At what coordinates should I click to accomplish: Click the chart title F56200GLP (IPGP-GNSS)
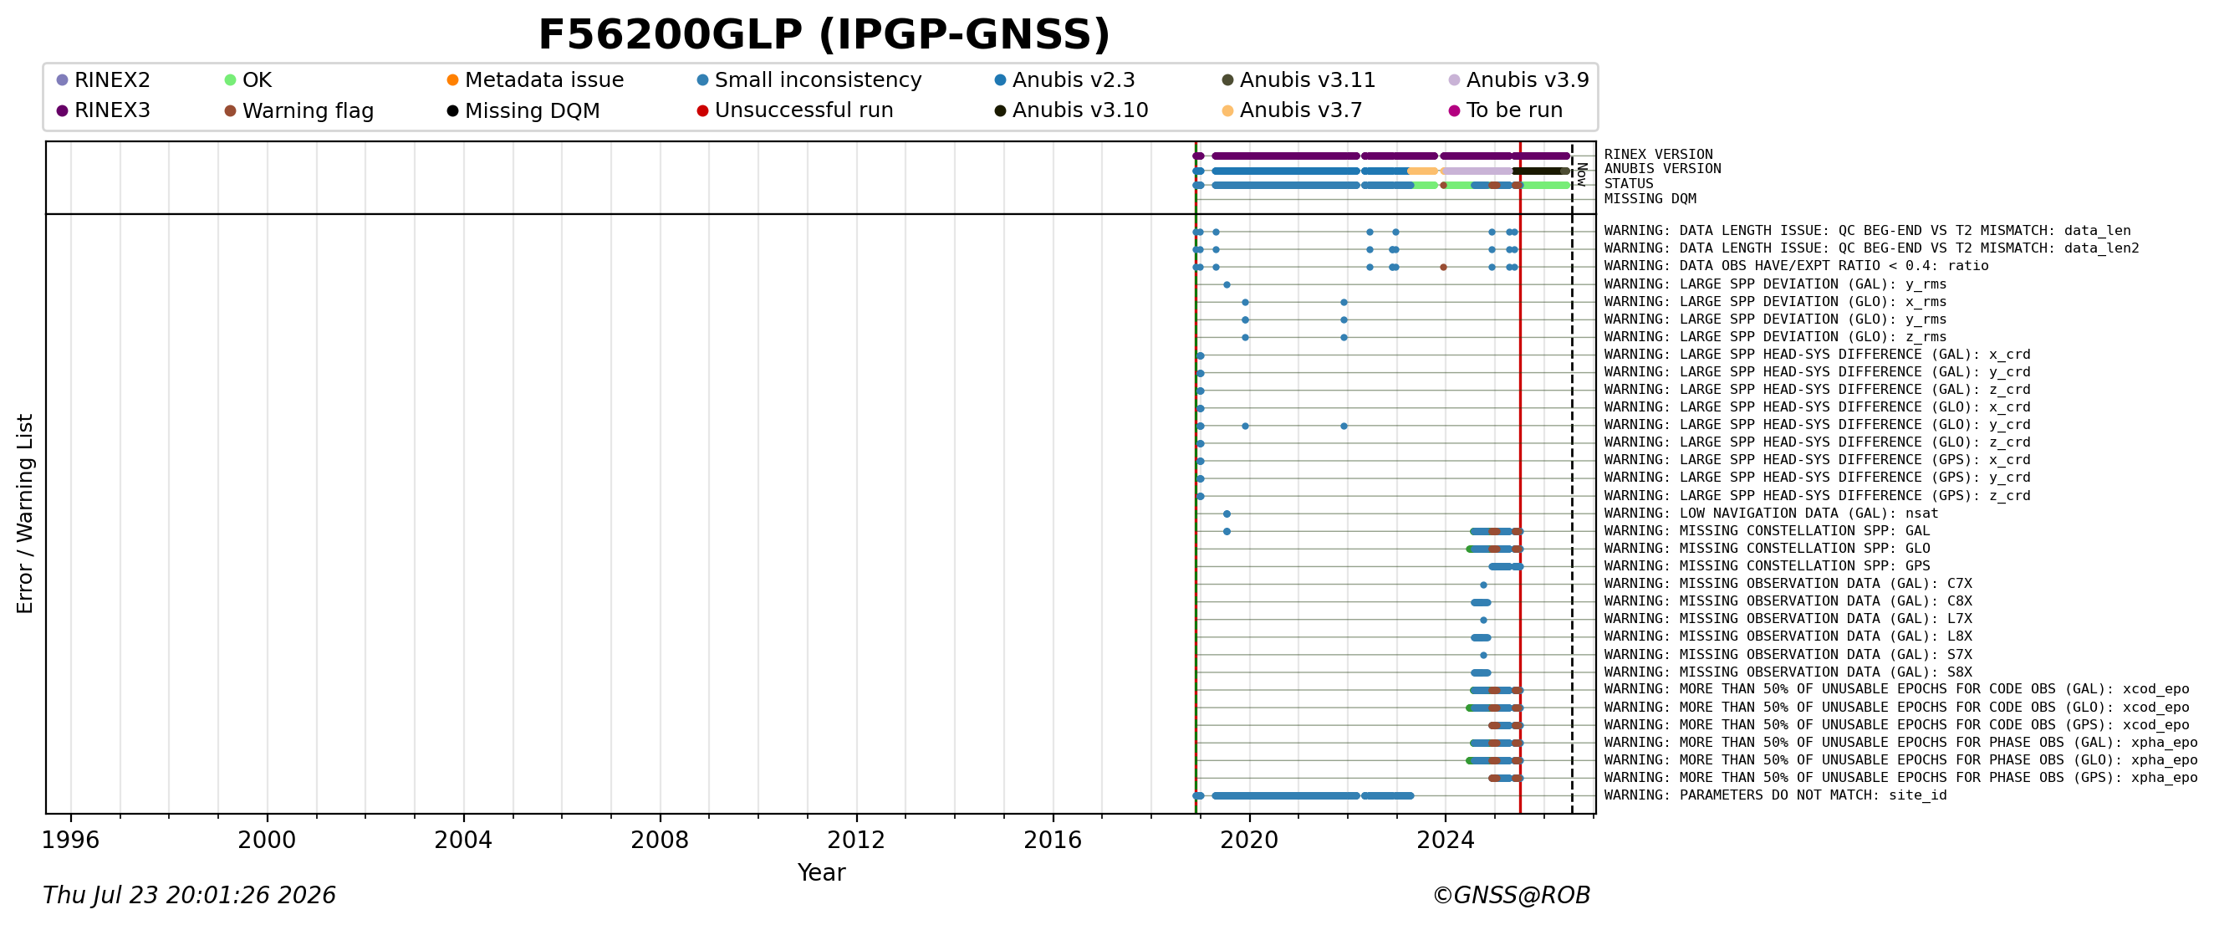[824, 35]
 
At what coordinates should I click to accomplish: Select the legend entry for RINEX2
[103, 80]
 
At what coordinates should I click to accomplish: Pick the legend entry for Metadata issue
[535, 80]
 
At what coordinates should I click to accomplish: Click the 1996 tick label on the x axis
[70, 840]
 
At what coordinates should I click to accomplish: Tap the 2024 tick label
[1446, 840]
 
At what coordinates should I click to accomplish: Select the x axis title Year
[821, 872]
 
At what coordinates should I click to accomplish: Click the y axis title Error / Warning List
[25, 514]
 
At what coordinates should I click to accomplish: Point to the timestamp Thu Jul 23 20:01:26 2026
[189, 896]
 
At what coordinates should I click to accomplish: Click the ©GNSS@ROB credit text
[1511, 896]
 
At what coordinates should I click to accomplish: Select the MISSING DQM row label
[1650, 199]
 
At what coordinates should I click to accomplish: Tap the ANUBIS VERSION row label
[1662, 169]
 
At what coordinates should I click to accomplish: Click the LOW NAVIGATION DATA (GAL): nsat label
[1772, 514]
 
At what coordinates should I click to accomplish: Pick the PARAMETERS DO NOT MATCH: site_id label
[1776, 795]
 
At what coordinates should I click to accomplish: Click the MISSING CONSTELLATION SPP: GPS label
[1767, 566]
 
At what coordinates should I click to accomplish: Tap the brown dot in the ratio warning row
[1443, 268]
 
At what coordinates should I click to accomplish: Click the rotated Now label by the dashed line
[1581, 175]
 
